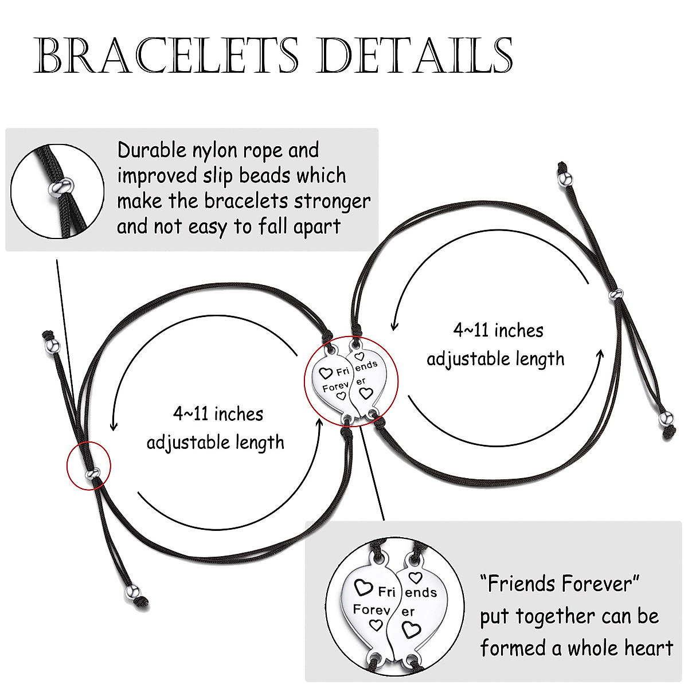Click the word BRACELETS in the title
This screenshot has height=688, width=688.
coord(166,56)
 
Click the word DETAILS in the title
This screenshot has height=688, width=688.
coord(415,56)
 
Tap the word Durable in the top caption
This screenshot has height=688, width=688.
coord(152,150)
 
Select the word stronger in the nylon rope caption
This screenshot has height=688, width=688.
coord(332,201)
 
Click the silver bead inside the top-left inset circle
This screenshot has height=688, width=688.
coord(61,186)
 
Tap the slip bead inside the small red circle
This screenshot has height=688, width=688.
coord(93,474)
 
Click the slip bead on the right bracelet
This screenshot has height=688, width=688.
coord(616,295)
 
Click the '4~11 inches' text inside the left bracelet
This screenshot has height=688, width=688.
coord(218,413)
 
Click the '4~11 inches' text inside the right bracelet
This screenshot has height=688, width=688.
coord(498,330)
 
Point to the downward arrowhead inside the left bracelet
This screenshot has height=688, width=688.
coord(114,426)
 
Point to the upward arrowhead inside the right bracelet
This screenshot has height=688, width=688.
coord(600,353)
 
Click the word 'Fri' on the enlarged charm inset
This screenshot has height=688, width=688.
coord(387,591)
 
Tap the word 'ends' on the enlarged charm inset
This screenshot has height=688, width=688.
coord(421,592)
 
